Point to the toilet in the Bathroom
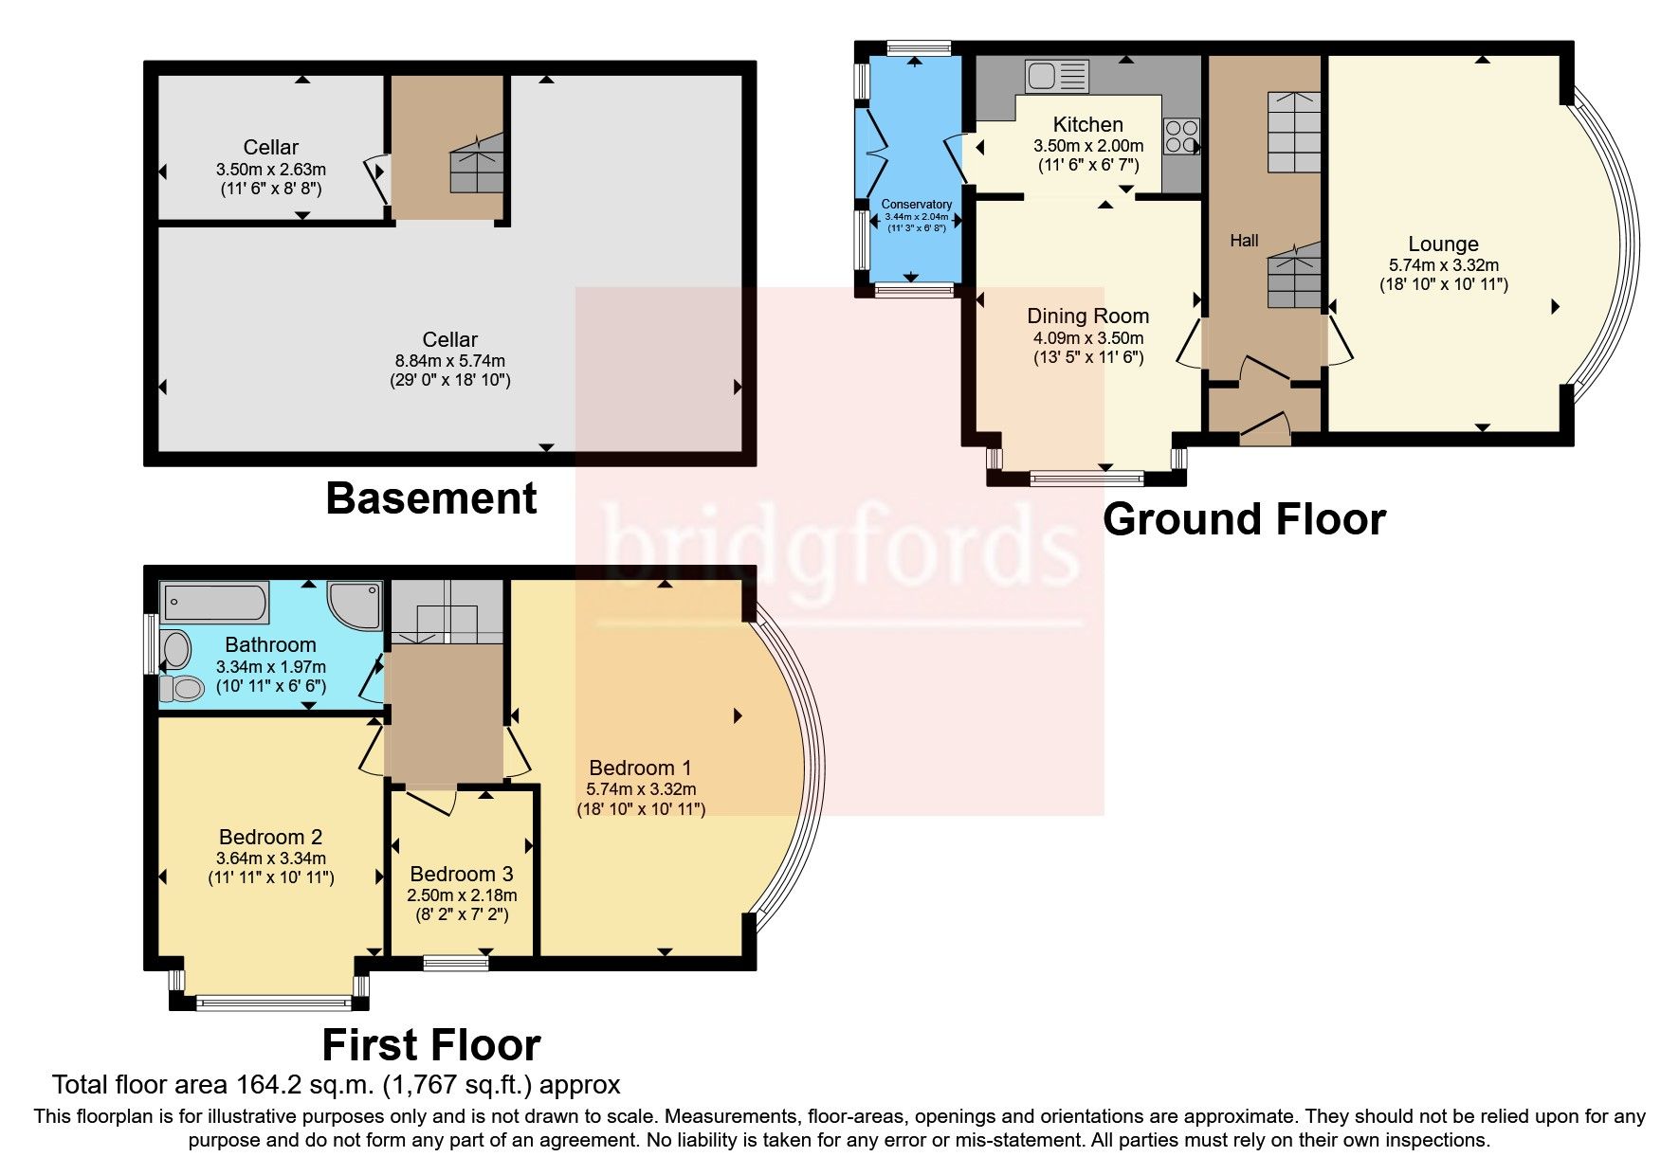[181, 688]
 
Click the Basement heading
[430, 498]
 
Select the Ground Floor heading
[1244, 519]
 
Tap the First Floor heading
[430, 1045]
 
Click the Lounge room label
[1442, 244]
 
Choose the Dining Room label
[1087, 316]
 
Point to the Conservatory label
[916, 204]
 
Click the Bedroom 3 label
[461, 873]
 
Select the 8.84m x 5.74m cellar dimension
[450, 360]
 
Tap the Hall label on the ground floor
[1244, 241]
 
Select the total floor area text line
[336, 1084]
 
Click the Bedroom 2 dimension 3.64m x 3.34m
[270, 858]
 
